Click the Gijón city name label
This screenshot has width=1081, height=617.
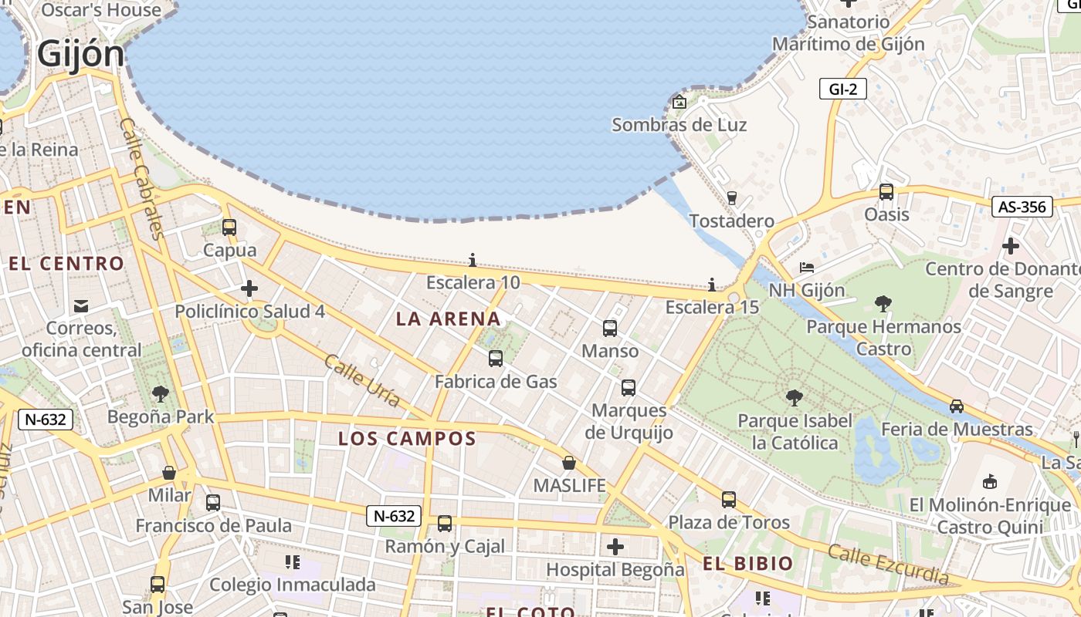point(80,54)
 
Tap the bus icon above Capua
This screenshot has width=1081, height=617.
point(229,228)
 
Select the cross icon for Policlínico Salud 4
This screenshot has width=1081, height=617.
point(249,289)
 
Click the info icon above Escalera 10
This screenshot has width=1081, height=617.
point(473,261)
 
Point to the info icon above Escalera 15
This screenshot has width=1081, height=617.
point(712,285)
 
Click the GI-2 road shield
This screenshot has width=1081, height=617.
point(842,89)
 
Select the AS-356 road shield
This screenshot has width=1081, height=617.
point(1022,207)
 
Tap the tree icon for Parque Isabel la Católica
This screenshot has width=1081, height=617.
point(794,398)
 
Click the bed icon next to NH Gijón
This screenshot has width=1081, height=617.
point(806,268)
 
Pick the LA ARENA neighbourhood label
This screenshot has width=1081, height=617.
point(448,319)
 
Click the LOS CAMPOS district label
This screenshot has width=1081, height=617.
point(407,439)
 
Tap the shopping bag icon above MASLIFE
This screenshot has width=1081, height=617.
point(569,463)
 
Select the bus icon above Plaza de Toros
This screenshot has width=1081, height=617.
point(729,500)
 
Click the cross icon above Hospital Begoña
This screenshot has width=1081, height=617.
point(615,548)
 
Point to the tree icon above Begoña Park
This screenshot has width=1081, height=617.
point(161,394)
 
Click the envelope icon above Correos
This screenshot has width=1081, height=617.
point(81,306)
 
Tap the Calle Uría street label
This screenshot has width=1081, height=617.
point(362,381)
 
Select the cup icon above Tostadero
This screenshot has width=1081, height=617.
point(732,198)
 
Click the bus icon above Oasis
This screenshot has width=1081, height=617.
point(886,192)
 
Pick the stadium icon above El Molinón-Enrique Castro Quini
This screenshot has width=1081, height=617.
point(989,482)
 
